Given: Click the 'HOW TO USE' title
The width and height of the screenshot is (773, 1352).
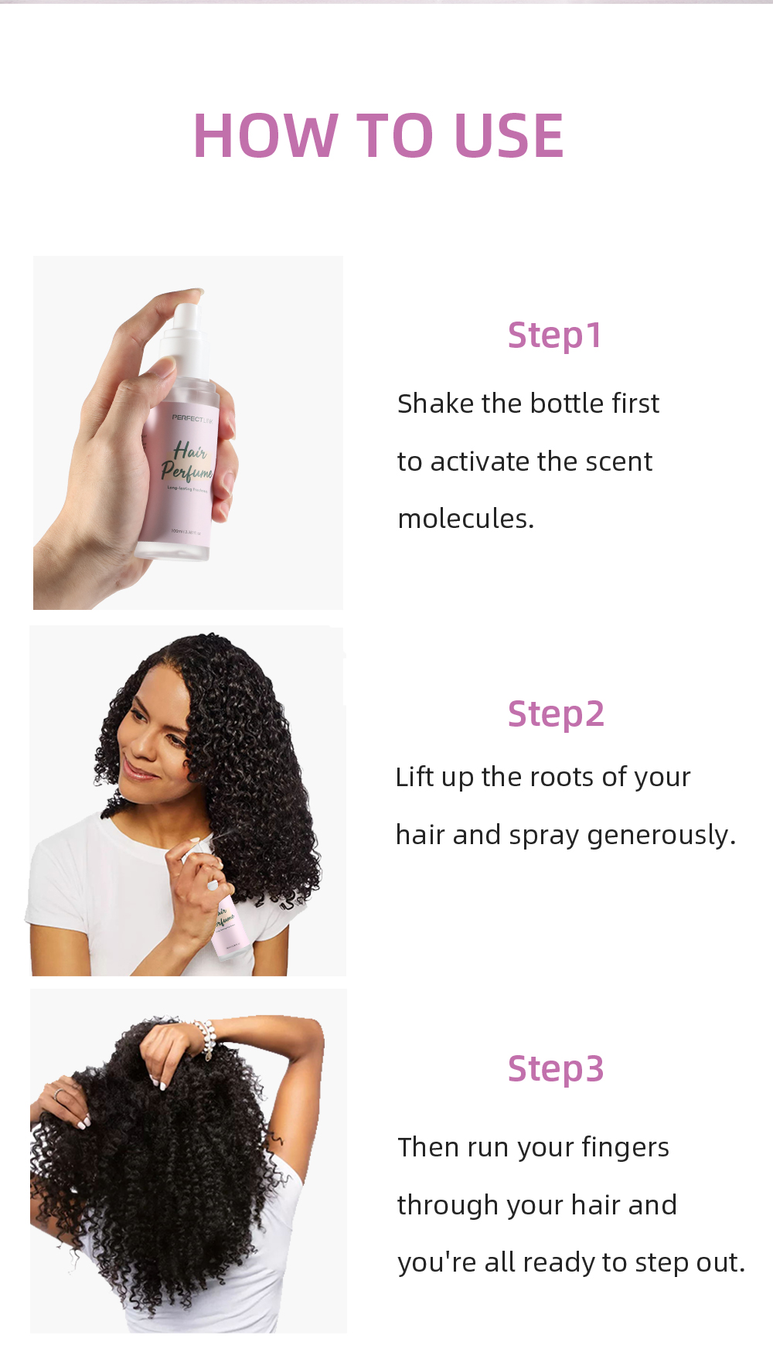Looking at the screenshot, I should coord(379,136).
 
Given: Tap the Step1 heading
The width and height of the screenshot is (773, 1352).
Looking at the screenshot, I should coord(554,335).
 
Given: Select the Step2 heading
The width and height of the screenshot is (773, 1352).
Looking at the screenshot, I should coord(555,714).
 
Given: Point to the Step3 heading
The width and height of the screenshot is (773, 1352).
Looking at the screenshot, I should coord(555,1069).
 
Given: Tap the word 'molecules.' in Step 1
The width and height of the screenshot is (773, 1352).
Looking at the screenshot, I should coord(465,519).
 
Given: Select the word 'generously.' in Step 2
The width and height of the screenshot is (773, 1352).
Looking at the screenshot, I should coord(662,836).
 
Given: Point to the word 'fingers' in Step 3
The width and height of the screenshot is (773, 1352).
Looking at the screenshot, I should coord(625,1147).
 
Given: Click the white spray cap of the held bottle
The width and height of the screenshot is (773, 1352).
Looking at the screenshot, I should coord(188,329).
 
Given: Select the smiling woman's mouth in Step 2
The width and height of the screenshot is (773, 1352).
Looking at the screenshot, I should coord(138,771).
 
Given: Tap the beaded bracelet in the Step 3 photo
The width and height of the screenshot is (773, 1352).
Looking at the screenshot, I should coord(206,1038).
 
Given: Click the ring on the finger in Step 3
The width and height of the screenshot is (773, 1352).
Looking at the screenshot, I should coord(60,1093).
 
